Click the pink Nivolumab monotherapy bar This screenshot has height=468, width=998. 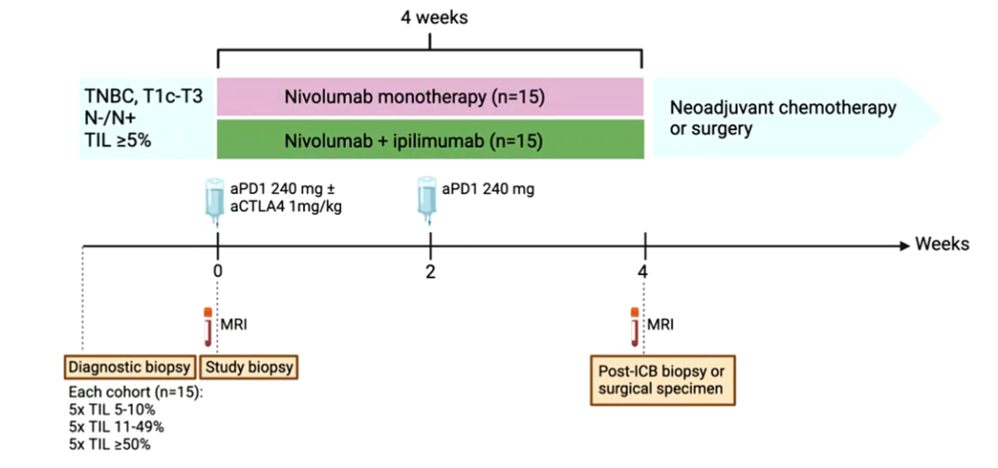click(430, 97)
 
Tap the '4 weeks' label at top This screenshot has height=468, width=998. click(430, 18)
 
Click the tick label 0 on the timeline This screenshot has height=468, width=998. click(217, 270)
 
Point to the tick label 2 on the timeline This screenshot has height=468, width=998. click(431, 270)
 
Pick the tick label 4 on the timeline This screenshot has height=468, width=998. click(643, 270)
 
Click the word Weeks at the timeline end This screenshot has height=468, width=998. click(942, 245)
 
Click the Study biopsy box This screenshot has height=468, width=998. click(249, 367)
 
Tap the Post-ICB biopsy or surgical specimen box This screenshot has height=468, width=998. click(663, 378)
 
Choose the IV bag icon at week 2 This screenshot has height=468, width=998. click(426, 202)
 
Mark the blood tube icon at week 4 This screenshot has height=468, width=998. click(634, 325)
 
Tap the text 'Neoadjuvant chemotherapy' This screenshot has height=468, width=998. click(782, 108)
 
